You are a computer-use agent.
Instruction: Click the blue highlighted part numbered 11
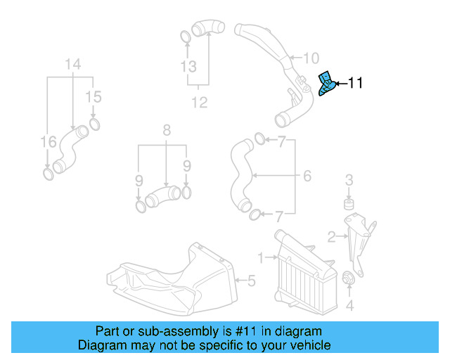(x=326, y=84)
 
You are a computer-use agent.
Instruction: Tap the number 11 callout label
(x=355, y=84)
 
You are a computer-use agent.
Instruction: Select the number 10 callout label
(x=311, y=58)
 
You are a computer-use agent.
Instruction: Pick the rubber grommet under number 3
(x=347, y=205)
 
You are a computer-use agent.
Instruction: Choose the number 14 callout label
(x=73, y=65)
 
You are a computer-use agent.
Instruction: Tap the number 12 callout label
(x=200, y=103)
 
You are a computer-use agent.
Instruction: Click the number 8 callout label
(x=167, y=130)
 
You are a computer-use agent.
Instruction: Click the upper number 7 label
(x=281, y=143)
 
